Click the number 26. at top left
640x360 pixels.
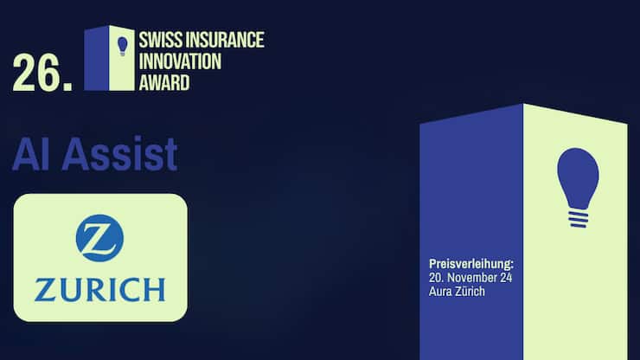tap(42, 74)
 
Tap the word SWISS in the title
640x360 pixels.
tap(161, 40)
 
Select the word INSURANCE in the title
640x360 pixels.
tap(224, 40)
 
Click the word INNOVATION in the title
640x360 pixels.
tap(181, 61)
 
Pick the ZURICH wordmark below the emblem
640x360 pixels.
tap(99, 289)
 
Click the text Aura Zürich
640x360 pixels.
tap(458, 292)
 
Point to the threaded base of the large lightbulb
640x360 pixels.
tap(578, 216)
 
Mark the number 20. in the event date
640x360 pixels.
tap(437, 277)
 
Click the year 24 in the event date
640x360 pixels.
tap(509, 277)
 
